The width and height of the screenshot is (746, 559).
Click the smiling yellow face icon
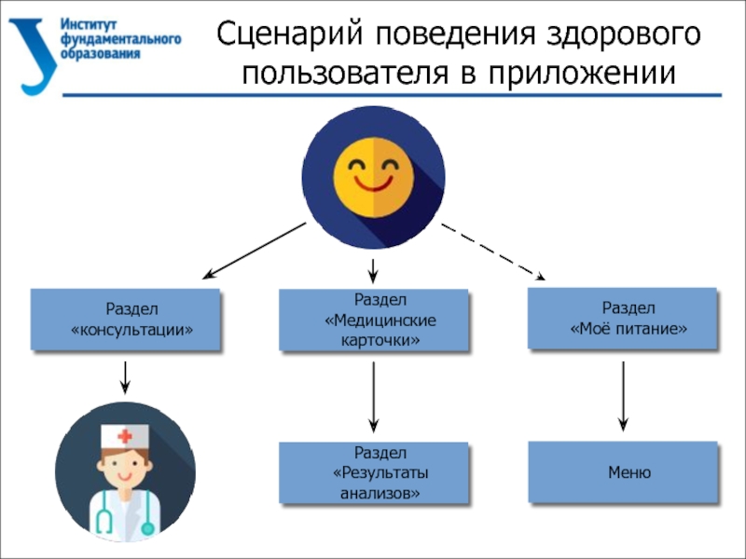[x=373, y=178]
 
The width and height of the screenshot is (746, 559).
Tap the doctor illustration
[x=125, y=471]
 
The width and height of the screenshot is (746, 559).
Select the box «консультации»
[x=126, y=319]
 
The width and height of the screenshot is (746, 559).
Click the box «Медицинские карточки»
[x=373, y=320]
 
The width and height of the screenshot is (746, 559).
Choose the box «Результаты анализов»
[x=373, y=473]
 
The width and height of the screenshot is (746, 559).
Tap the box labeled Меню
[x=623, y=472]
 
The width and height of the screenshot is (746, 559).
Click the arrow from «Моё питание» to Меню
[x=623, y=396]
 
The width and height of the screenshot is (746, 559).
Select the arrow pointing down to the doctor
[x=125, y=377]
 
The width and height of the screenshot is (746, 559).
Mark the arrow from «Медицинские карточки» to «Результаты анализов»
[x=373, y=396]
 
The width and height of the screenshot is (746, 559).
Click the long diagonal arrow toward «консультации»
[x=255, y=251]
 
